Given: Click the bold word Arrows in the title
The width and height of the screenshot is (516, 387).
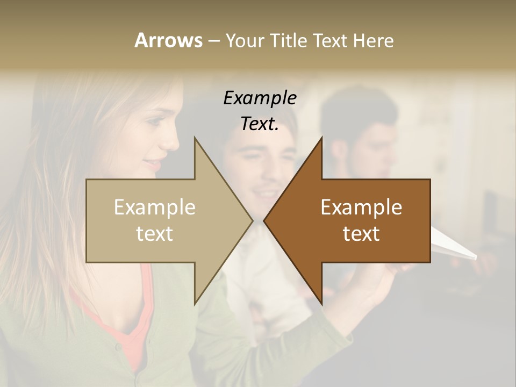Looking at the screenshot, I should pyautogui.click(x=168, y=40).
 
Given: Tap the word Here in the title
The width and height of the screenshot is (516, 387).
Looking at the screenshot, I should pyautogui.click(x=373, y=40).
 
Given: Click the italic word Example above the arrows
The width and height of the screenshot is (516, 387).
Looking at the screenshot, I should pyautogui.click(x=260, y=98).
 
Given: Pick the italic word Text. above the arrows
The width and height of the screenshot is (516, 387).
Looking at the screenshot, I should pyautogui.click(x=260, y=124).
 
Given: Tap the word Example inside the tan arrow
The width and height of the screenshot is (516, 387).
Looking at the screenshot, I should pyautogui.click(x=155, y=207).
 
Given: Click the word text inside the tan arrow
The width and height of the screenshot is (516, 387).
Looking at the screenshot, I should pyautogui.click(x=155, y=234).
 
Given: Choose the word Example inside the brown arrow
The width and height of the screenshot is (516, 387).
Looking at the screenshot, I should pyautogui.click(x=361, y=207).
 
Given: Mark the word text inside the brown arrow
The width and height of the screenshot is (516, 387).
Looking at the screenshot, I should pyautogui.click(x=361, y=234).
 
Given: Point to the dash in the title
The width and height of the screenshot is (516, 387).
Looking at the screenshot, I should pyautogui.click(x=213, y=41).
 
